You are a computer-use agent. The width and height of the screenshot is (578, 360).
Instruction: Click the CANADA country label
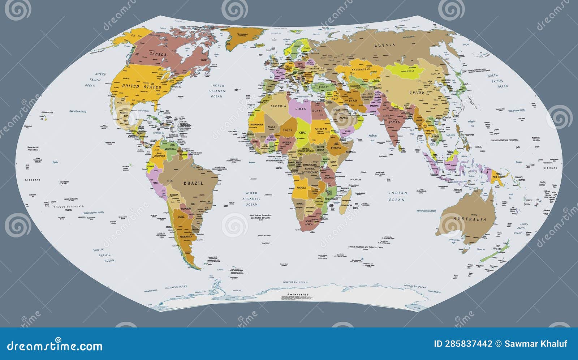pyautogui.click(x=158, y=54)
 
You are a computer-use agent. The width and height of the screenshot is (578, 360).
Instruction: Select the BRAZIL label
pyautogui.click(x=194, y=183)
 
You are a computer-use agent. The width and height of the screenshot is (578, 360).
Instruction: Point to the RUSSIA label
pyautogui.click(x=385, y=46)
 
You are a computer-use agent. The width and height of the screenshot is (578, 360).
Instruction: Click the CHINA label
pyautogui.click(x=417, y=93)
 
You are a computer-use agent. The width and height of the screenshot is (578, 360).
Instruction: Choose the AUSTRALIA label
pyautogui.click(x=470, y=219)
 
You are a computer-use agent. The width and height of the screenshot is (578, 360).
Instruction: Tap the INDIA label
pyautogui.click(x=394, y=122)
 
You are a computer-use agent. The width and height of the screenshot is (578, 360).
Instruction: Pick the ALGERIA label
pyautogui.click(x=279, y=106)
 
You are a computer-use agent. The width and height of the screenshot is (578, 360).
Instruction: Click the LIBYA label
pyautogui.click(x=301, y=109)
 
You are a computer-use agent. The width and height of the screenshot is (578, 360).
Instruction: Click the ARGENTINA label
pyautogui.click(x=184, y=236)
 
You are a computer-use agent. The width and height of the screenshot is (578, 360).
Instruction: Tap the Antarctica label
pyautogui.click(x=298, y=295)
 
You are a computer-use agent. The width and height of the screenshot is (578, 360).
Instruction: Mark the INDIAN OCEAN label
pyautogui.click(x=398, y=196)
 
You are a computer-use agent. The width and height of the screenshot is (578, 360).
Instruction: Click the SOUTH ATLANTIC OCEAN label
pyautogui.click(x=251, y=199)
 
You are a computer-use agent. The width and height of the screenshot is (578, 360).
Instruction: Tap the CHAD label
pyautogui.click(x=302, y=133)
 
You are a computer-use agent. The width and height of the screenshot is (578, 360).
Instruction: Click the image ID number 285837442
pyautogui.click(x=468, y=344)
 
